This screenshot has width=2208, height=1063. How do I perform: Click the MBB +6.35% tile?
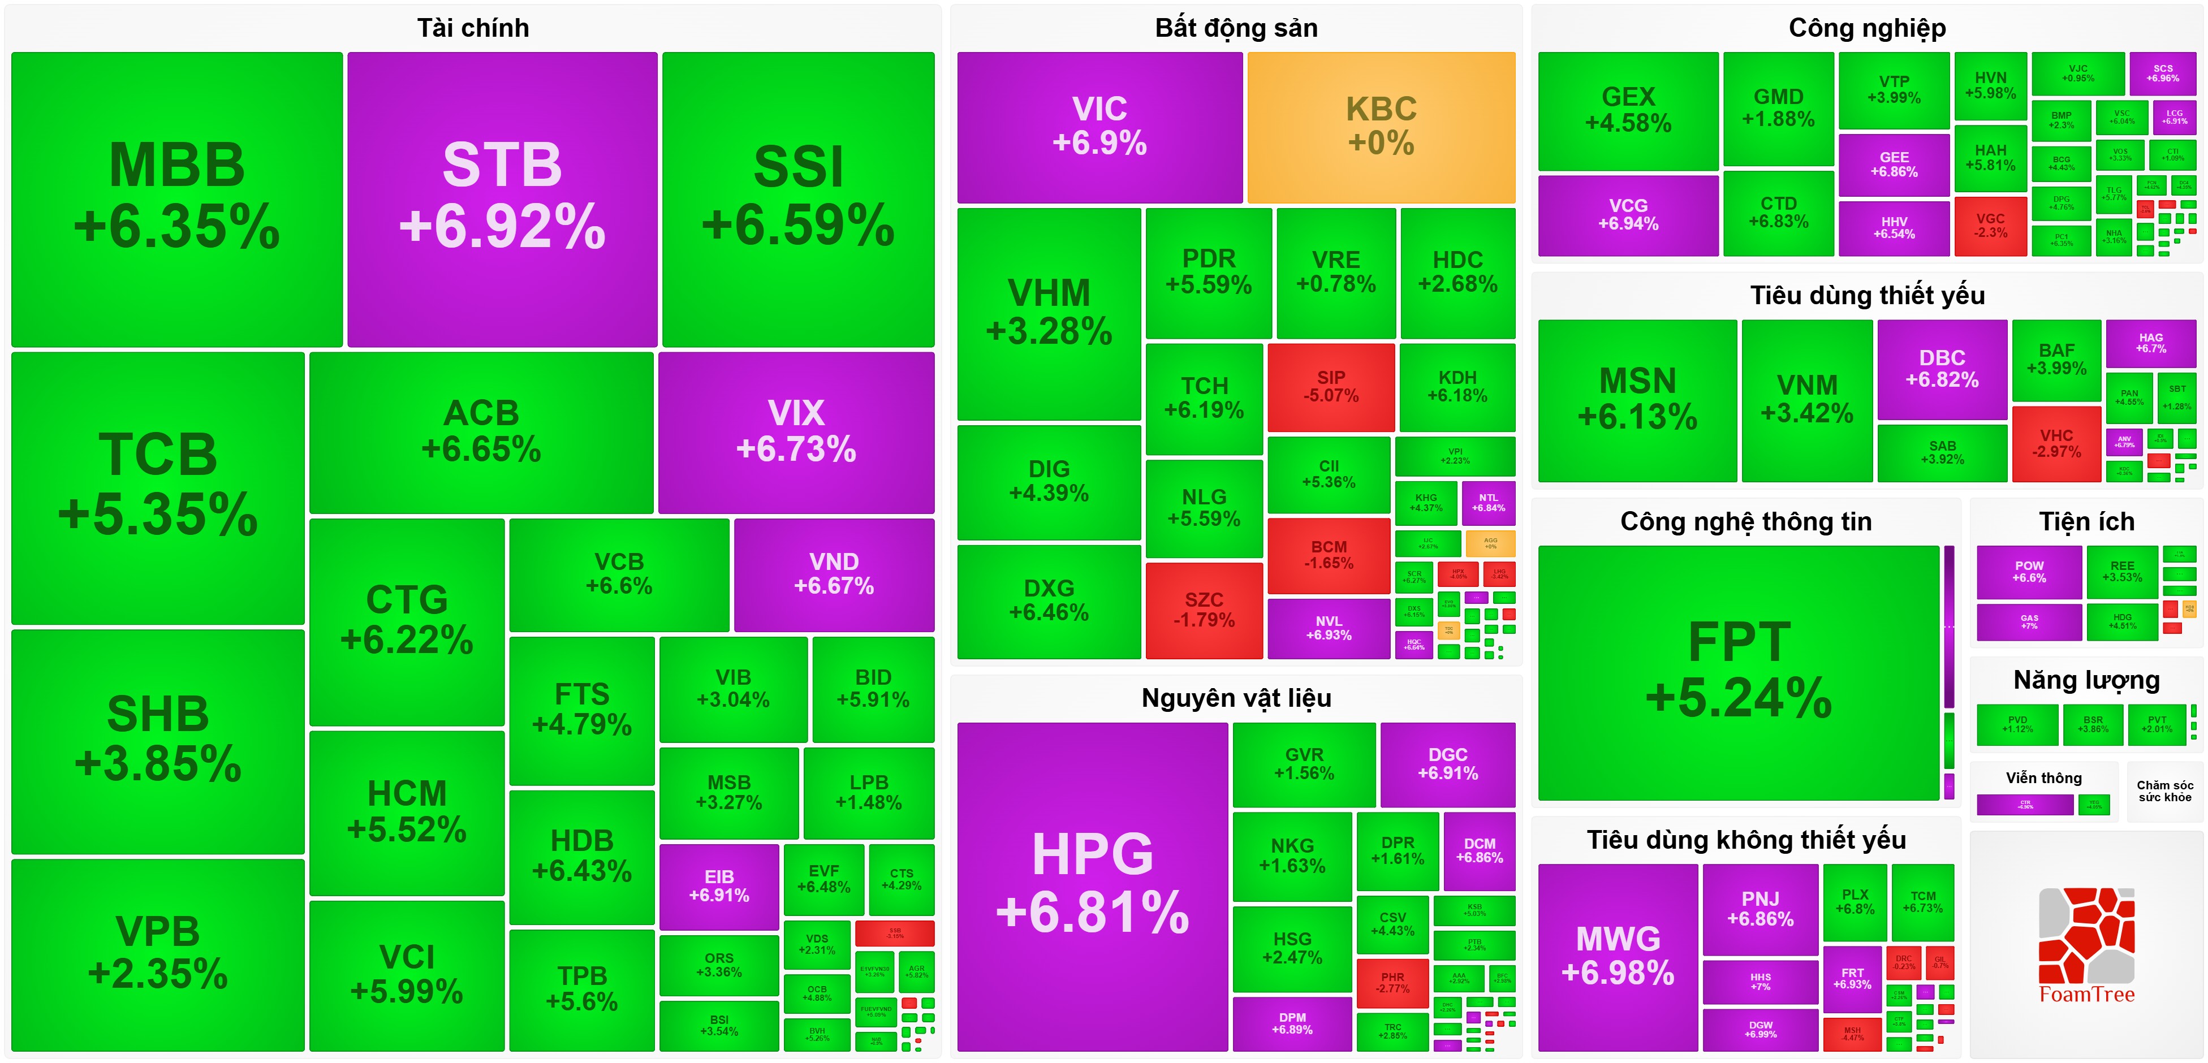pos(176,199)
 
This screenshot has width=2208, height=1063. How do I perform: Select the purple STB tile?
pos(502,199)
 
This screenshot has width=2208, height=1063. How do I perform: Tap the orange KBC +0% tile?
pos(1381,127)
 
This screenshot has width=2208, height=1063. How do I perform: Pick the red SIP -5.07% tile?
pos(1330,387)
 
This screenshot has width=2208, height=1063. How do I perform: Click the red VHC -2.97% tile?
pos(2056,443)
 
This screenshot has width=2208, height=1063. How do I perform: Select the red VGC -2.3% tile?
pos(1990,226)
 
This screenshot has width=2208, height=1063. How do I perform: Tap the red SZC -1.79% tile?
pos(1204,610)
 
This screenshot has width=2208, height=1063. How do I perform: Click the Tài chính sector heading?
pos(473,28)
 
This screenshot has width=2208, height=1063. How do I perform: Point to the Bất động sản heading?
pos(1236,28)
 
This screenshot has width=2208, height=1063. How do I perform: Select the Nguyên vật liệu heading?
pos(1236,698)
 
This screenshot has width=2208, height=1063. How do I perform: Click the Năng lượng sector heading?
pos(2086,680)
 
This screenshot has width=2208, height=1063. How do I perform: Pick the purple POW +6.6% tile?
pos(2029,572)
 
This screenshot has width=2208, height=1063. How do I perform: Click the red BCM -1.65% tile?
pos(1329,555)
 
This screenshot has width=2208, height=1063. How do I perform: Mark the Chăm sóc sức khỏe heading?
pos(2164,790)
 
